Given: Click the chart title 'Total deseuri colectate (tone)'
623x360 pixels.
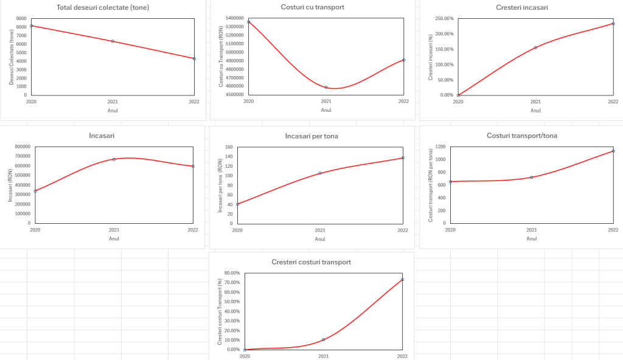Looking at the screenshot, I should coord(103,8).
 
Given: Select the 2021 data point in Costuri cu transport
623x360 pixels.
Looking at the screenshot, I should coord(326,87).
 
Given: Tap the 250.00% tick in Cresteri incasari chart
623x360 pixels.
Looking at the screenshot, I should coord(444,18).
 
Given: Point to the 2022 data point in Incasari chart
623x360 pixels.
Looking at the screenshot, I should coord(193,166).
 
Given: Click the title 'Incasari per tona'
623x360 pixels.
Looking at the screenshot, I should coord(311,136).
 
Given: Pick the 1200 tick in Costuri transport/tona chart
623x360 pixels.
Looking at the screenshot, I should coord(439,147).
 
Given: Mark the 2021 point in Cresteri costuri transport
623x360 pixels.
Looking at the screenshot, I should coord(323,339).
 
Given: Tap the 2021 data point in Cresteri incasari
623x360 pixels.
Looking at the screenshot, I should coord(535,47).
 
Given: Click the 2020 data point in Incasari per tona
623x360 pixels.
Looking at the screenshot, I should coord(237,204).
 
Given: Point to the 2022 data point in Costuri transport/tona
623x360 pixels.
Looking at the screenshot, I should coord(613,151).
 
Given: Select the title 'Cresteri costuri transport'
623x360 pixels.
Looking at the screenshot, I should coord(311,262).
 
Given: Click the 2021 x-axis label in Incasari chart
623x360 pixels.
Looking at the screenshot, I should coord(114,230).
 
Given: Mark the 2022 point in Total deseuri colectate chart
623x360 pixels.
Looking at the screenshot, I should coord(194,58).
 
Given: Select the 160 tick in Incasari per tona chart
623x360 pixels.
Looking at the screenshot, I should coord(229,147).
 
